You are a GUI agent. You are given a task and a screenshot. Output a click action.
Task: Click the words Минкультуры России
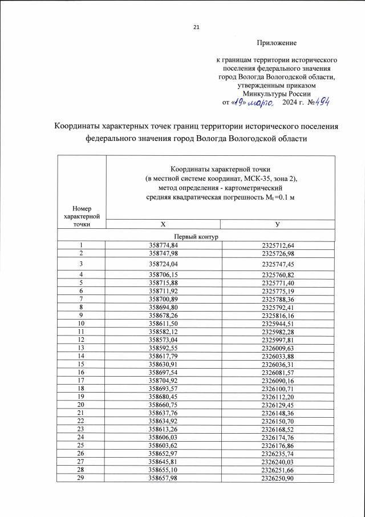coord(277,94)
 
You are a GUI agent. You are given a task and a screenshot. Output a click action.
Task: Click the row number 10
coord(81,322)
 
